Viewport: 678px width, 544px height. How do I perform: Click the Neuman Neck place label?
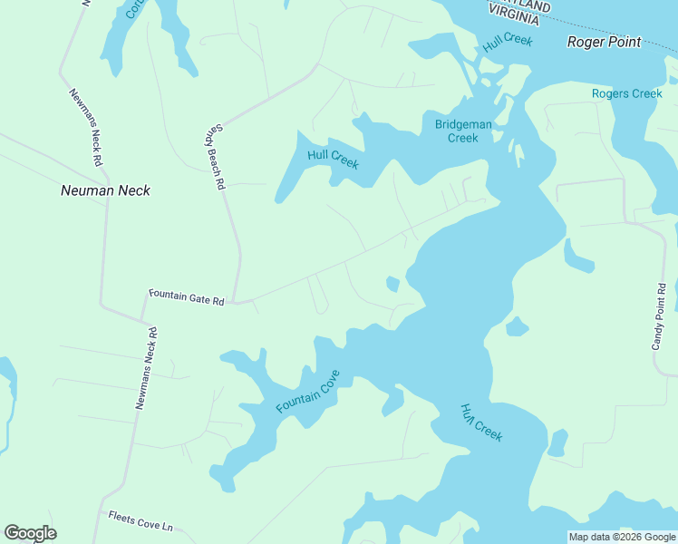coord(105,190)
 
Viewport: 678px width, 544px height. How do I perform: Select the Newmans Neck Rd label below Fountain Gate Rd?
coord(146,367)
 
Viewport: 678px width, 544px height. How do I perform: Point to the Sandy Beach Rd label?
coord(213,157)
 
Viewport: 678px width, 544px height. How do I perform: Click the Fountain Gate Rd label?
coord(186,296)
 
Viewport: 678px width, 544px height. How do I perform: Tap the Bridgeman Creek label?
coord(462,131)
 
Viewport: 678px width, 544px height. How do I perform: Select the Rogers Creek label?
coord(626,93)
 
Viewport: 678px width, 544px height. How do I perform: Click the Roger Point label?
coord(604,42)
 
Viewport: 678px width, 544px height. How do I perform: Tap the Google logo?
coord(30,533)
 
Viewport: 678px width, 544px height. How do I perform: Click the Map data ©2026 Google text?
coord(622,537)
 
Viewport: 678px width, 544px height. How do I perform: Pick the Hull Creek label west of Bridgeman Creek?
coord(333,159)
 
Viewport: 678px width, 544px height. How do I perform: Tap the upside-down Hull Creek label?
coord(480,423)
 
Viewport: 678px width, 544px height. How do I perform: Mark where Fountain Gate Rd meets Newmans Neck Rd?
coord(144,320)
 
